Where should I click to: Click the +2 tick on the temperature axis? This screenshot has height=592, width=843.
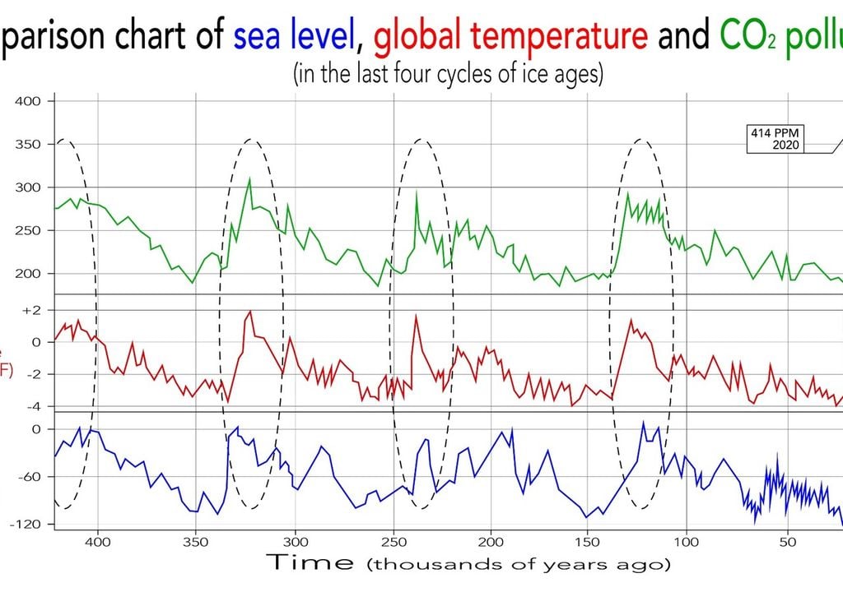[32, 310]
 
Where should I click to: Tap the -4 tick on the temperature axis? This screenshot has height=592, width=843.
[33, 406]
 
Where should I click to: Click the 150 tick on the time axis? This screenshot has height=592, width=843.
[588, 542]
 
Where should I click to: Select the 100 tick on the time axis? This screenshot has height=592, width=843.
[686, 542]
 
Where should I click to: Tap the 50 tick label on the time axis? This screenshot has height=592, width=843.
[787, 542]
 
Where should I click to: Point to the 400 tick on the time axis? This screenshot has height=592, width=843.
[98, 542]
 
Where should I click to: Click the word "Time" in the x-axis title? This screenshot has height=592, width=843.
[311, 563]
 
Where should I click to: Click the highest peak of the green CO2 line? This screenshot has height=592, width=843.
[249, 178]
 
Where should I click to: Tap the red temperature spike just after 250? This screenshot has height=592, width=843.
[416, 315]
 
